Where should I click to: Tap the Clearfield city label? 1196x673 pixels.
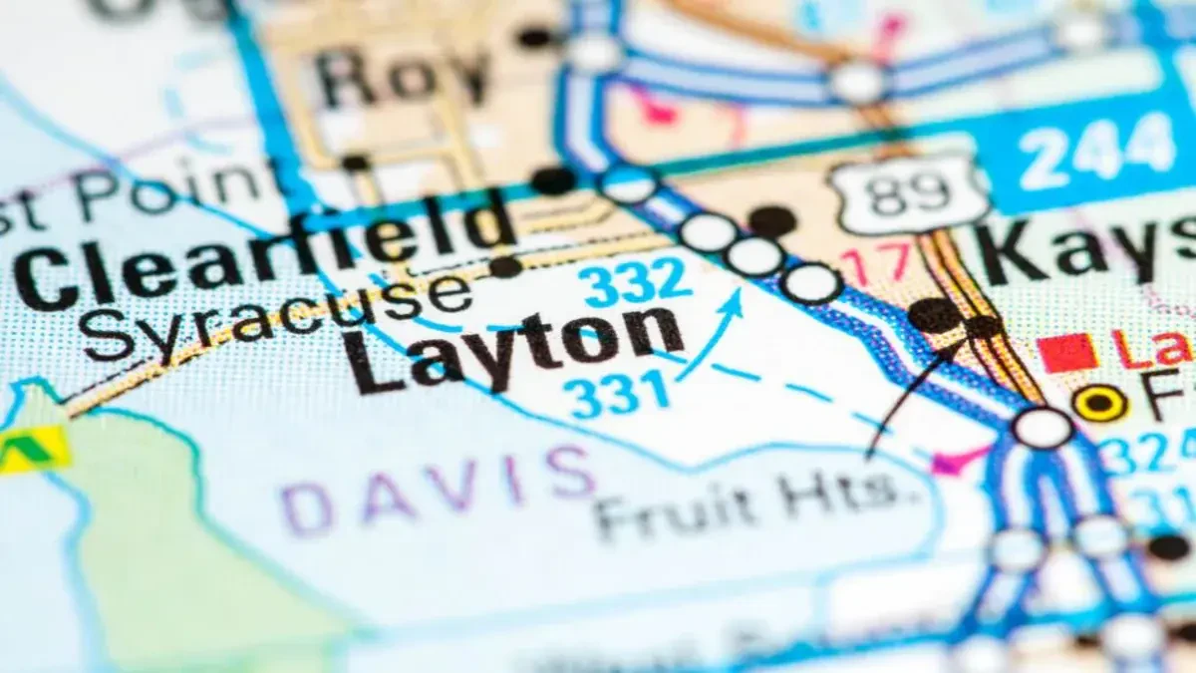264,244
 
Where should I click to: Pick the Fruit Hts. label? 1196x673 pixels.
757,505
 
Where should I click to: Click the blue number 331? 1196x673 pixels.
620,393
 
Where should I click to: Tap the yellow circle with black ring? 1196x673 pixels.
1100,403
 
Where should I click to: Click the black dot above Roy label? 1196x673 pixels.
535,37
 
